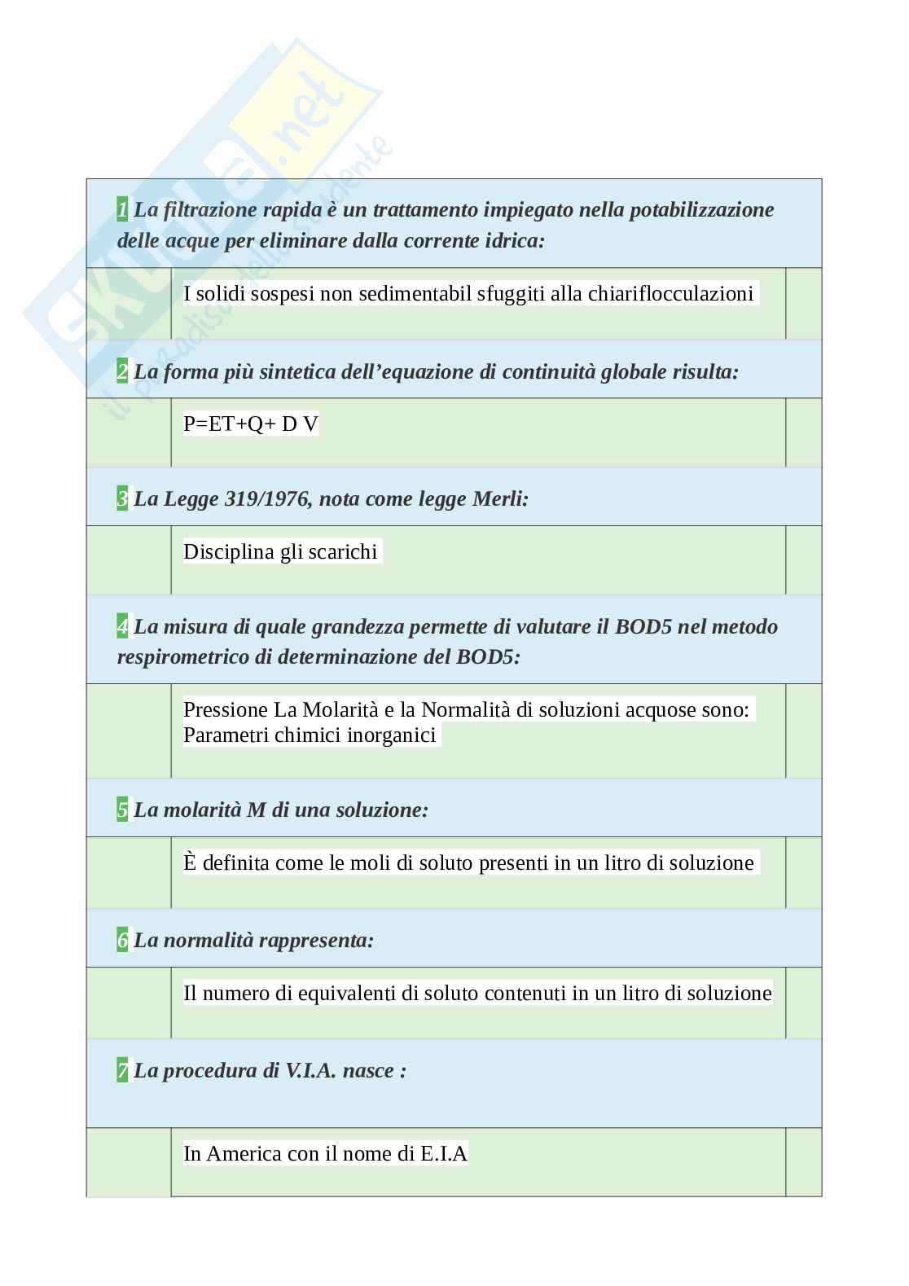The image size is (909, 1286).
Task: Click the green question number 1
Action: [x=122, y=210]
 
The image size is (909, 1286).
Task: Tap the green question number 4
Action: [x=122, y=627]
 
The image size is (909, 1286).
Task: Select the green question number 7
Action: [x=122, y=1071]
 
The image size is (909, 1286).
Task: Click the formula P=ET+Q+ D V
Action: [x=251, y=424]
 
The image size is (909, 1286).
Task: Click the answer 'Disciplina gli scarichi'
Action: [x=280, y=552]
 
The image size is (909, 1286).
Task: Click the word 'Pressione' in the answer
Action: [x=226, y=710]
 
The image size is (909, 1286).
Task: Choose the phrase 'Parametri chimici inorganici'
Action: [x=310, y=735]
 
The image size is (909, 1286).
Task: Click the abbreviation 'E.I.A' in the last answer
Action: [x=444, y=1154]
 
